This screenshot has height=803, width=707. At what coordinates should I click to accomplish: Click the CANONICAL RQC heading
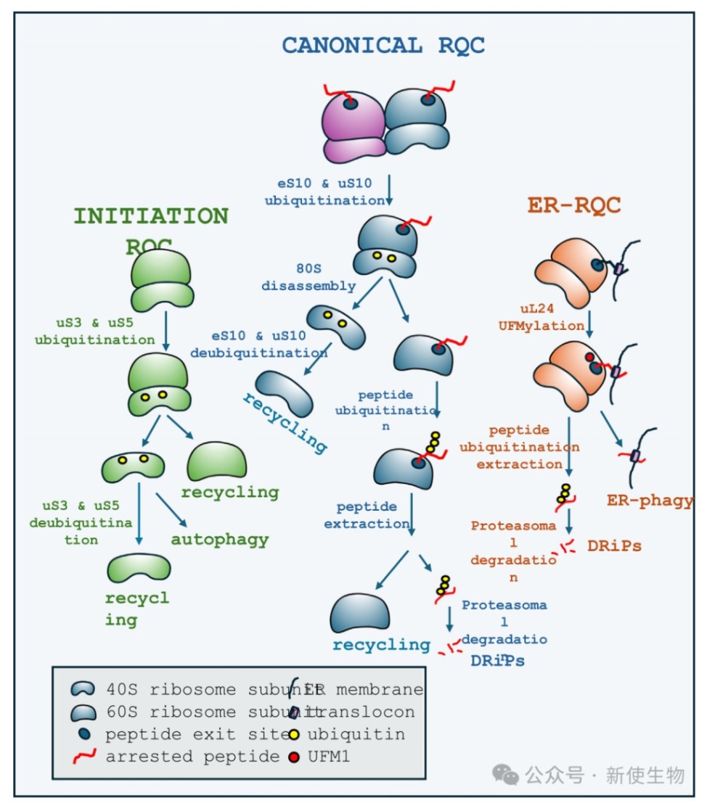383,46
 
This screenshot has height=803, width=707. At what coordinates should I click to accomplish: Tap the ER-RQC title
573,205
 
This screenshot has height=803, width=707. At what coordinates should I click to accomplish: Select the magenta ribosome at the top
353,125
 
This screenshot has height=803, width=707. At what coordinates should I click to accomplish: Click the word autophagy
220,540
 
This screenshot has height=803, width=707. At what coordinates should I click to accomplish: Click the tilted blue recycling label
284,421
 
